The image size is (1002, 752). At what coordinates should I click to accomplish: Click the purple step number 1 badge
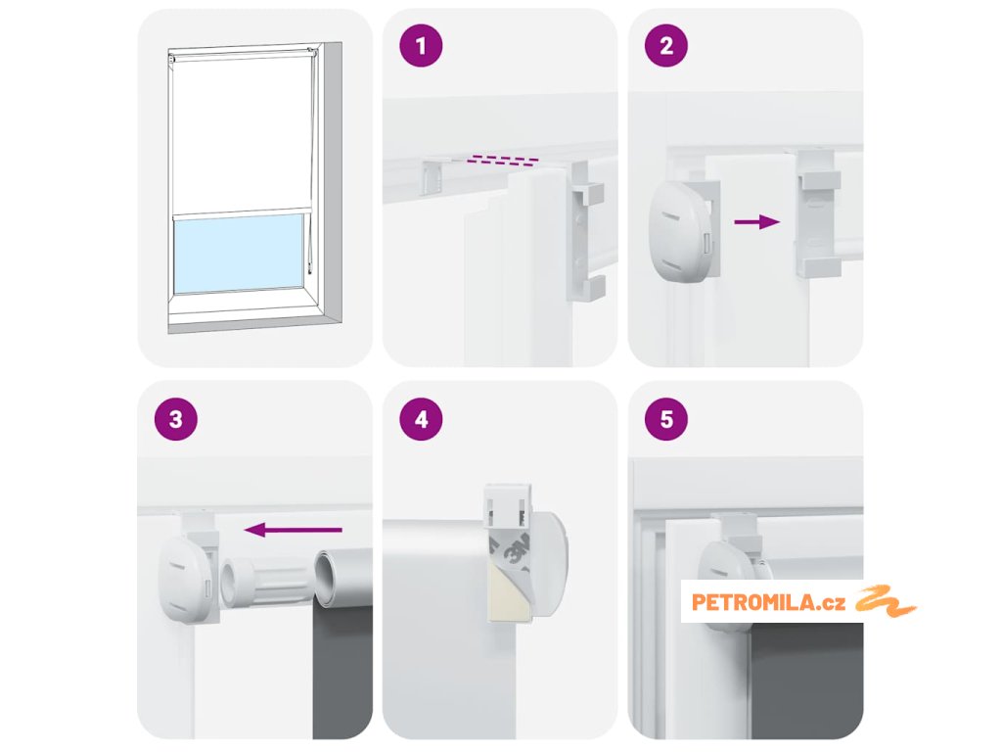(421, 45)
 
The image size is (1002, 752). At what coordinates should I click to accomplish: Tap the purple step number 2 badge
(666, 45)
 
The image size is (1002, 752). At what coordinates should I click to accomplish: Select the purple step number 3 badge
(176, 419)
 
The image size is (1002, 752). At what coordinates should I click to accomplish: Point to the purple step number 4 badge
(421, 419)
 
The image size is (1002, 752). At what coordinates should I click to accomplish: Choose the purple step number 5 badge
(666, 419)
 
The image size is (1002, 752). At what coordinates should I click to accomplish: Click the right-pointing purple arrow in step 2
(757, 222)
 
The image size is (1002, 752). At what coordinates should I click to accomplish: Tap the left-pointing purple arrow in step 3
(294, 530)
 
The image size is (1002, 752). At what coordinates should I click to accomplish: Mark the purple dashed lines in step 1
(502, 160)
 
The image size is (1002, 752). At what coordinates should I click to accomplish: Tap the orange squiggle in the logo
(885, 601)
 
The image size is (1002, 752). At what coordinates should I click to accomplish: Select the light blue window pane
(239, 254)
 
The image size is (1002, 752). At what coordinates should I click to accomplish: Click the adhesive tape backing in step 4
(509, 576)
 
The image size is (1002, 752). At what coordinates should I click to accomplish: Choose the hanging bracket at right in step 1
(585, 231)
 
